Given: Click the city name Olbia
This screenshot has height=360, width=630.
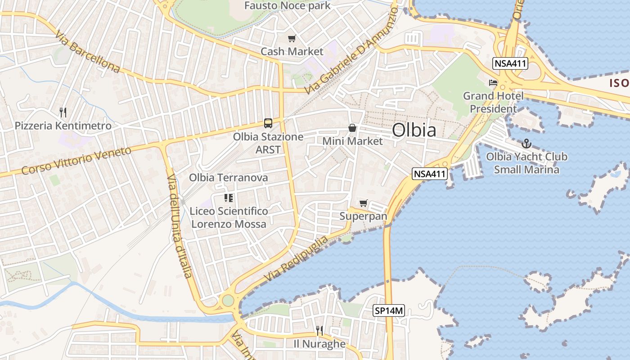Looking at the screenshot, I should (414, 130).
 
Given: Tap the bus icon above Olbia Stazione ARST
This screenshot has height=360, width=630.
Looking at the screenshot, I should (268, 123).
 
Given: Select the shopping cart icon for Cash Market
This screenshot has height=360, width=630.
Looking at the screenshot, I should (292, 39).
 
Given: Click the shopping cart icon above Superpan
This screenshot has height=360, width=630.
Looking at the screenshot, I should (363, 203).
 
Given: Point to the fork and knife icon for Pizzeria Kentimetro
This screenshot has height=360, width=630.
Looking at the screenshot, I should (63, 112).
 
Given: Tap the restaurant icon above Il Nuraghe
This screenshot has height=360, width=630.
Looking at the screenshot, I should (319, 331).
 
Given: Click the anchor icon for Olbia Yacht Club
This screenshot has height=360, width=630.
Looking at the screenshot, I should (526, 144).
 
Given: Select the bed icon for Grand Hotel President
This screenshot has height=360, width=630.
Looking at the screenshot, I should (493, 83).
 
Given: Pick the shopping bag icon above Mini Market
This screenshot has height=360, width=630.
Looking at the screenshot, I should (352, 128).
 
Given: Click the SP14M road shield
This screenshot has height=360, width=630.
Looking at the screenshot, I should (389, 310).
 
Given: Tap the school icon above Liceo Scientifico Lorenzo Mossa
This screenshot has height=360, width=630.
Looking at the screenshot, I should (229, 198).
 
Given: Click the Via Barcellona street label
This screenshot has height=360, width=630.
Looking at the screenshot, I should (88, 52).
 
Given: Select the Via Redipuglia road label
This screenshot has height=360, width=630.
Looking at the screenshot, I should (297, 259).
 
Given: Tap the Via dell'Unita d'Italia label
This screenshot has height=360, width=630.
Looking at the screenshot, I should (180, 225).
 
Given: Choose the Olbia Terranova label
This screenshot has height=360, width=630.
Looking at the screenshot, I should (228, 178).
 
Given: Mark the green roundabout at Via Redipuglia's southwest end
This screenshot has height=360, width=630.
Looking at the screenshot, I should (228, 300).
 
